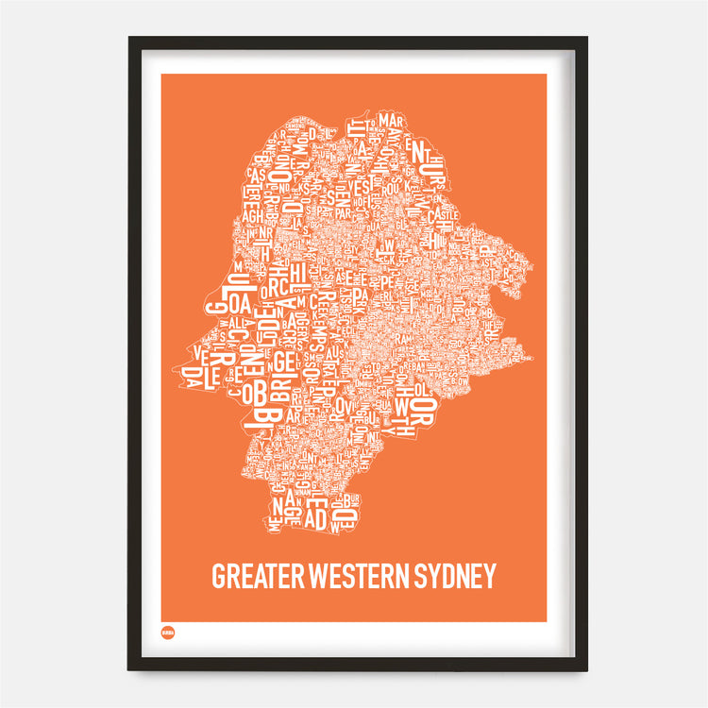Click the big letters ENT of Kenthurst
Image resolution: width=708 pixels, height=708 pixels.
(x=416, y=147)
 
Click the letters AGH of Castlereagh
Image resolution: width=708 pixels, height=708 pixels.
(x=253, y=215)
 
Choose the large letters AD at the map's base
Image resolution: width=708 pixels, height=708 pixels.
(x=316, y=516)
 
